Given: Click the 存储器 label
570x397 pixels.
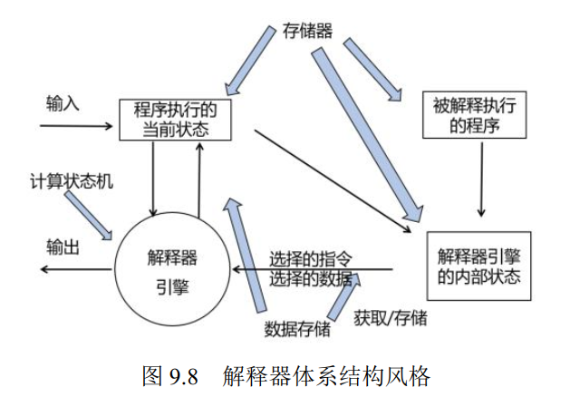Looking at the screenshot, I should point(306,30).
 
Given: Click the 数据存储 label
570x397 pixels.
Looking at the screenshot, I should point(297,328).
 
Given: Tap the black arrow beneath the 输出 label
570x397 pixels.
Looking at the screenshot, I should point(72,270).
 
